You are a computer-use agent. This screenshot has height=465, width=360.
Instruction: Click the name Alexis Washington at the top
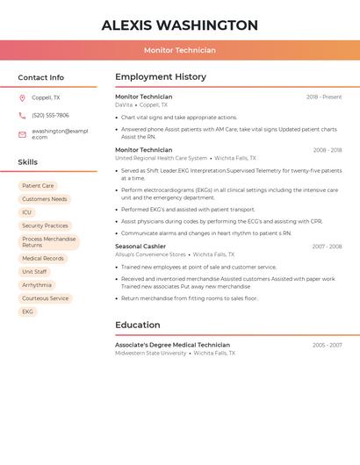click(x=179, y=25)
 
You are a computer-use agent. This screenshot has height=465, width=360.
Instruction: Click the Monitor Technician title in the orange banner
click(x=179, y=50)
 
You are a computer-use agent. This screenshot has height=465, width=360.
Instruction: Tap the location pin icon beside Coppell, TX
click(x=22, y=98)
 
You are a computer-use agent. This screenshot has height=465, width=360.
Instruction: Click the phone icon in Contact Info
click(x=22, y=116)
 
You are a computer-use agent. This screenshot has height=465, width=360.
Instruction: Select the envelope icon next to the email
click(x=22, y=134)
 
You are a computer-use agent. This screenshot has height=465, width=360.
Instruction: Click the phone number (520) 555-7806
click(x=50, y=116)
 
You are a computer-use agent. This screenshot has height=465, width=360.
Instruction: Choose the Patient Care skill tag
click(x=38, y=186)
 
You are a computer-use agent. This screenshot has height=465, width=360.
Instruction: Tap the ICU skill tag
click(x=26, y=212)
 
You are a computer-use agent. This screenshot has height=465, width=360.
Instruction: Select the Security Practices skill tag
click(x=45, y=225)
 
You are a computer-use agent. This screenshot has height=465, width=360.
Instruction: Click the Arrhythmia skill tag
click(x=37, y=285)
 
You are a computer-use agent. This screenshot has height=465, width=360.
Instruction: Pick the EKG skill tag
click(x=27, y=311)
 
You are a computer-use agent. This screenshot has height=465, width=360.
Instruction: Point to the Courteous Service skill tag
click(x=45, y=298)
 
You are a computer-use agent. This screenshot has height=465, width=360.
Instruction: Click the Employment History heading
click(x=160, y=77)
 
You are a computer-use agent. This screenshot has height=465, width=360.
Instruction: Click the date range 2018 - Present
click(x=324, y=97)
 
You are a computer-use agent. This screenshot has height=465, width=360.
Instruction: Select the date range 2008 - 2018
click(x=328, y=150)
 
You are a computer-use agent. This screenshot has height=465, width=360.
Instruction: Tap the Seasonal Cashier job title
click(x=140, y=247)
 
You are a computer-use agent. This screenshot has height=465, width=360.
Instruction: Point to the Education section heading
click(x=138, y=325)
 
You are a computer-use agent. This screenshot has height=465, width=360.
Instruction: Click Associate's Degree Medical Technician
click(x=172, y=345)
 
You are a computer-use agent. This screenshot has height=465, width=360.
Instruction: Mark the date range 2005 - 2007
click(x=328, y=346)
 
